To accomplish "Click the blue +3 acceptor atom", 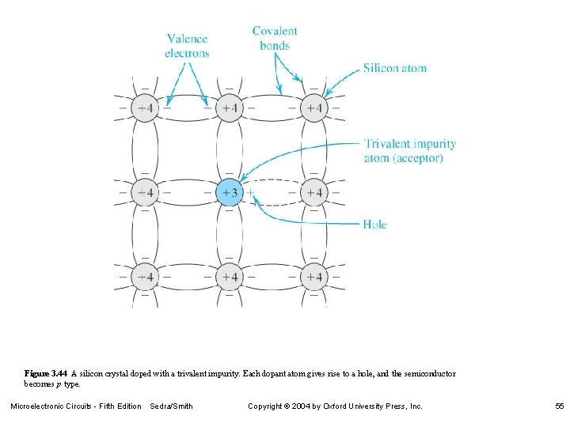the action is pyautogui.click(x=229, y=192).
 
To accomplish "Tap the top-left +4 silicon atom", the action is pyautogui.click(x=144, y=108).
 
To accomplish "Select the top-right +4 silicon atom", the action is pyautogui.click(x=314, y=108).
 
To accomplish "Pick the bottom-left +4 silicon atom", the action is pyautogui.click(x=144, y=277).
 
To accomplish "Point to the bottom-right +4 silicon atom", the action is pyautogui.click(x=314, y=277).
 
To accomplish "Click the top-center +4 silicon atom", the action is pyautogui.click(x=229, y=108).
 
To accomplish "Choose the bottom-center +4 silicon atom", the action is pyautogui.click(x=229, y=277).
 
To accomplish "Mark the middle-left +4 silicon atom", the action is pyautogui.click(x=144, y=192).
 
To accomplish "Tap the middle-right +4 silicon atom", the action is pyautogui.click(x=314, y=192).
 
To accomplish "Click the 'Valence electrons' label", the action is pyautogui.click(x=187, y=46).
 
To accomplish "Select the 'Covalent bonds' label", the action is pyautogui.click(x=275, y=38).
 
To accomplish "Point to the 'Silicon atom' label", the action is pyautogui.click(x=394, y=68).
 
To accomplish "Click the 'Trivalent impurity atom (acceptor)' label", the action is pyautogui.click(x=409, y=150).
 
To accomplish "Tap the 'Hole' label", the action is pyautogui.click(x=374, y=225).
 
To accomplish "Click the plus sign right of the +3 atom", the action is pyautogui.click(x=250, y=192).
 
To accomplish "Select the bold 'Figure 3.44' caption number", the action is pyautogui.click(x=46, y=373).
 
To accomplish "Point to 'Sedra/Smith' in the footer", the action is pyautogui.click(x=171, y=406).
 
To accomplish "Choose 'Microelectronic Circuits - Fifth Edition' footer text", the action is pyautogui.click(x=75, y=406).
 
